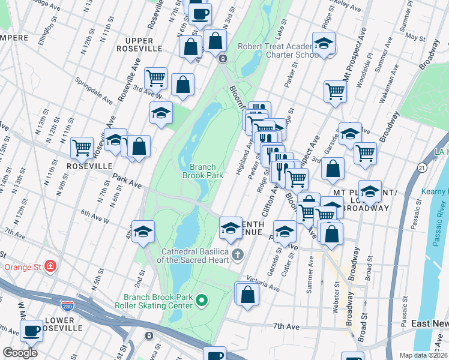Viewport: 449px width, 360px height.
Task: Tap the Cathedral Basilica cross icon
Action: click(238, 255)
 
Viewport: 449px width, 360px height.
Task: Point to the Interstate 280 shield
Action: click(68, 305)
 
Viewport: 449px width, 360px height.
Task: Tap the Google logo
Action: click(20, 353)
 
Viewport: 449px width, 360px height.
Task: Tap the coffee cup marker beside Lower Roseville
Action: click(32, 329)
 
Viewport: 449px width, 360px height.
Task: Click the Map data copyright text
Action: click(422, 355)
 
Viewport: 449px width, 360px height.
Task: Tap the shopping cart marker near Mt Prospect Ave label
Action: click(335, 91)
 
